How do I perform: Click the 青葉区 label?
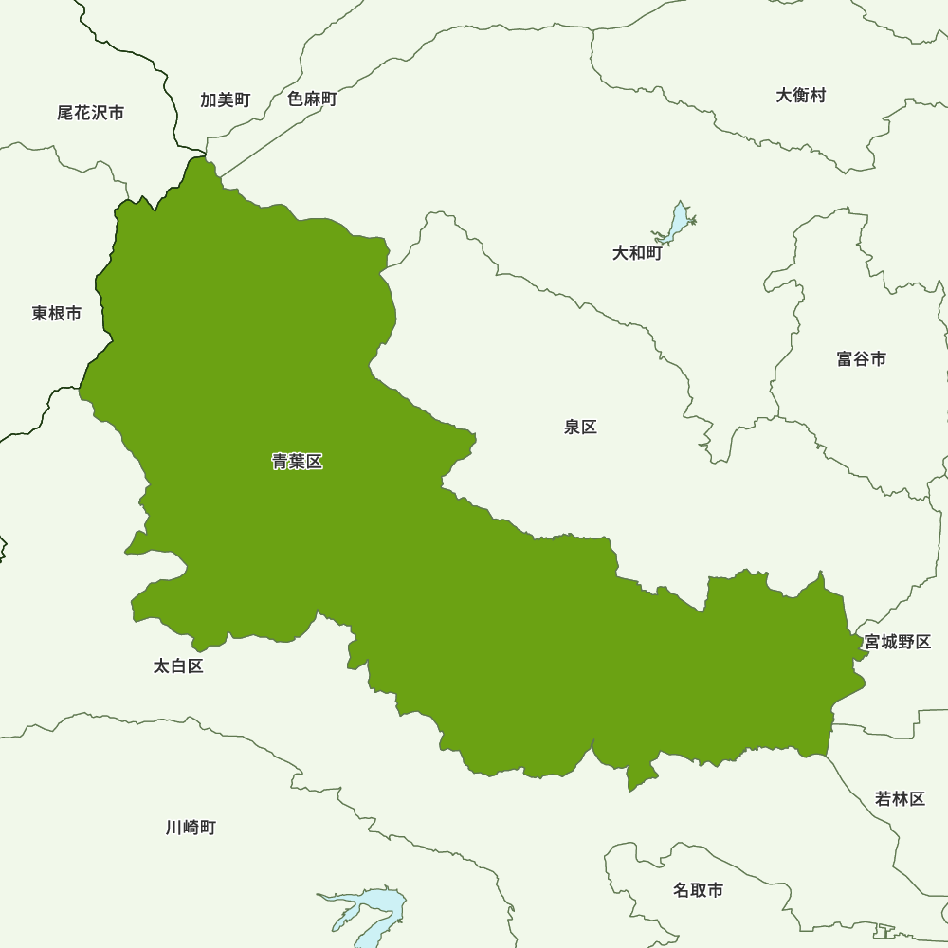coord(298,462)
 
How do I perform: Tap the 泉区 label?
coord(580,427)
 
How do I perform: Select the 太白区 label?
coord(178,666)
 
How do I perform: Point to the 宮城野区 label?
coord(897,642)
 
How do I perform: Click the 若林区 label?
coord(900,798)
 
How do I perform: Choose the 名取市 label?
coord(698,890)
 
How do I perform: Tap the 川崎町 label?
coord(191,828)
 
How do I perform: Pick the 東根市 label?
coord(56,313)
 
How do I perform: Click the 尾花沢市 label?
coord(90,113)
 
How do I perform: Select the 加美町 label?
coord(225,100)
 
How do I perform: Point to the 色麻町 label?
coord(312,99)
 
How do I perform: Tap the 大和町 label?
coord(637,253)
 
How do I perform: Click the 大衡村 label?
coord(801,95)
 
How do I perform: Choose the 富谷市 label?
coord(862,358)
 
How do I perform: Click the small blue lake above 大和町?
coord(677,224)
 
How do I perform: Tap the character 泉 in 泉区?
coord(572,427)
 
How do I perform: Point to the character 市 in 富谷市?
coord(879,358)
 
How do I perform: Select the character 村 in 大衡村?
coord(818,95)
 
